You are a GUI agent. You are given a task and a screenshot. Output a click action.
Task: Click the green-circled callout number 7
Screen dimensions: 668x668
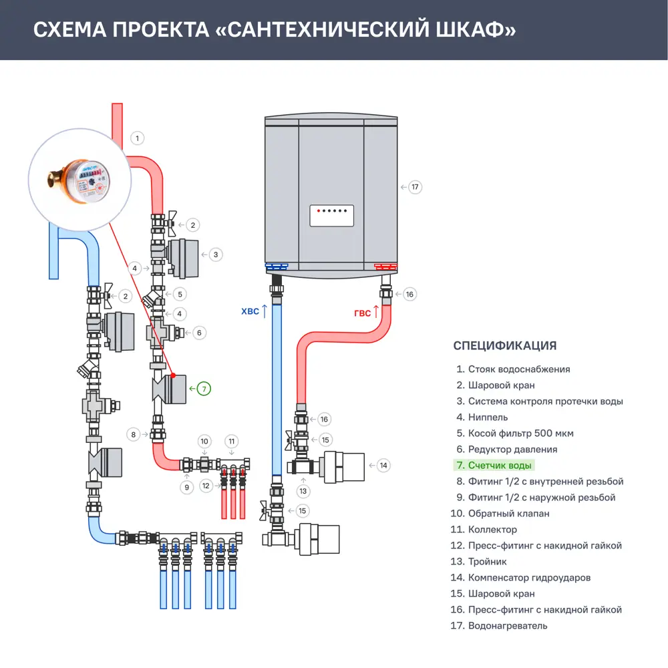[x=204, y=387]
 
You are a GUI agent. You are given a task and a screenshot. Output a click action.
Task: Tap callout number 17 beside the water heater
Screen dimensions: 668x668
[x=415, y=187]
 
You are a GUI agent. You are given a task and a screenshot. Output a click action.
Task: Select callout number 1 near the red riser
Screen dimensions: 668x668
[x=137, y=138]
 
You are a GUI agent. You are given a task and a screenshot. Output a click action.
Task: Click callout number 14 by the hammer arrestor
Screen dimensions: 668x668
[x=383, y=465]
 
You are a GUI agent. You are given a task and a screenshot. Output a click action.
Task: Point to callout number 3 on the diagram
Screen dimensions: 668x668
[x=215, y=255]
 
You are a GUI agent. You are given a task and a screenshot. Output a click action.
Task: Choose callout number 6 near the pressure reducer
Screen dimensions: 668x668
[x=198, y=332]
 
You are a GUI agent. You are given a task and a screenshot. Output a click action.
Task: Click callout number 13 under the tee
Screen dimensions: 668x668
[x=304, y=491]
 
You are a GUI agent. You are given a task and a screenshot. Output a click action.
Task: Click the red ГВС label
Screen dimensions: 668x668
[x=363, y=312]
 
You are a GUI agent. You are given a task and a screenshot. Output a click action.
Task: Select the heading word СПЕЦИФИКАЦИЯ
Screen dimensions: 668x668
[x=504, y=345]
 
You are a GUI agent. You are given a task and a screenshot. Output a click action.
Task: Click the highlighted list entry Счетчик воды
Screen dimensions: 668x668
[x=500, y=466]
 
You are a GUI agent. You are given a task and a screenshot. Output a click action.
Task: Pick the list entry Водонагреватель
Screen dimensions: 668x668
[x=507, y=626]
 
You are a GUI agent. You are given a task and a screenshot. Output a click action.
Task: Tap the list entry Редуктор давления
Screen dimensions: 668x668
[x=512, y=450]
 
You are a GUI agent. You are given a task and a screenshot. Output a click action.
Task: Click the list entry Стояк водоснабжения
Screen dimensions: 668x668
[x=518, y=369]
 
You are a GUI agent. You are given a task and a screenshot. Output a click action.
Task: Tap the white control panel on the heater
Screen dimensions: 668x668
[x=331, y=216]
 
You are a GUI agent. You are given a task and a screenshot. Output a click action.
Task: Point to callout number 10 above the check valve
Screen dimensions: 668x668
[x=205, y=441]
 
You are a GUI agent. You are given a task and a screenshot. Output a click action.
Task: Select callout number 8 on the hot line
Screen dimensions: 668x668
[x=134, y=435]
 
